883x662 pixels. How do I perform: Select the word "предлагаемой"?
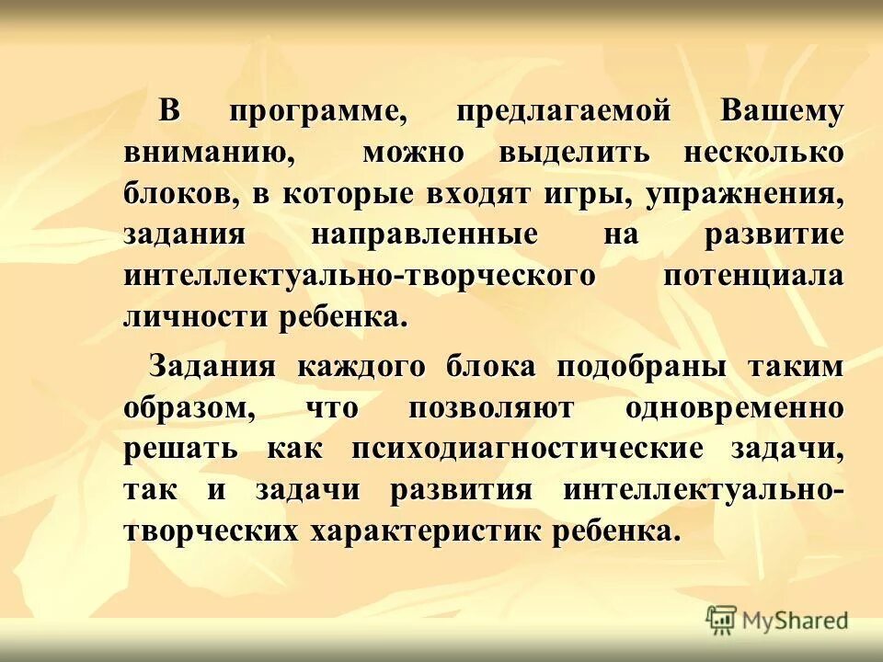point(562,112)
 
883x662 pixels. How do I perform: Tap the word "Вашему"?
point(782,112)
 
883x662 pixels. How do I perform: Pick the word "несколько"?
point(763,153)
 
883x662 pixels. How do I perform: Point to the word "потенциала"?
point(752,275)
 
